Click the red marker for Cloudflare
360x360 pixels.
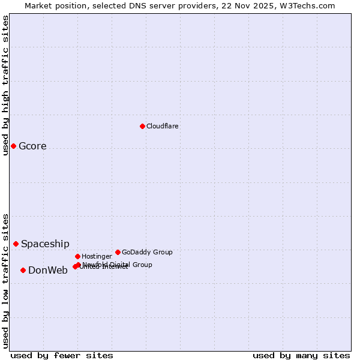142,126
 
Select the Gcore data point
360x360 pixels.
13,146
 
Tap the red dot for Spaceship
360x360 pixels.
16,244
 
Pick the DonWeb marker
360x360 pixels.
23,270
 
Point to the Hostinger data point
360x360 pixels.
77,256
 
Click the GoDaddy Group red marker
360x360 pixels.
118,252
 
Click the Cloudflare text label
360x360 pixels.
163,126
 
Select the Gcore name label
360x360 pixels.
32,146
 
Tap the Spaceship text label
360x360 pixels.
45,244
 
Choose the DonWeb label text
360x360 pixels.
48,271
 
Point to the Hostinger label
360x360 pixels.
97,257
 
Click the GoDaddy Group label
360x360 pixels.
147,253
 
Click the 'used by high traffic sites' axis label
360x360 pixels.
6,85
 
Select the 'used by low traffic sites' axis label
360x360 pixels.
6,281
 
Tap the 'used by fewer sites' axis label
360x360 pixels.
62,355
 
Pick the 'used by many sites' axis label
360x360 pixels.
301,355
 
